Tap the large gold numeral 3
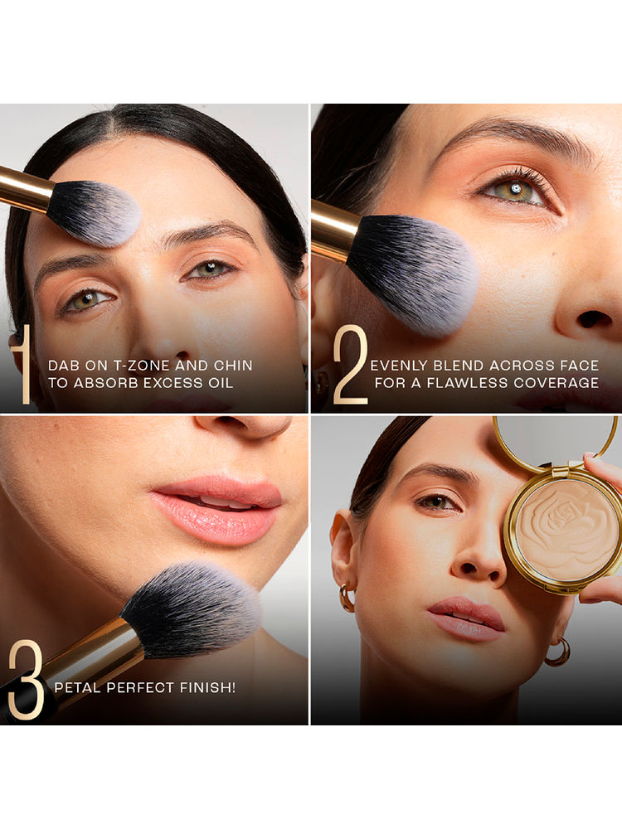pos(25,679)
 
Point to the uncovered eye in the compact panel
pos(438,502)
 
